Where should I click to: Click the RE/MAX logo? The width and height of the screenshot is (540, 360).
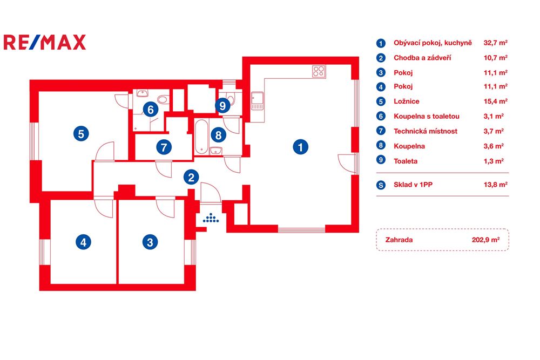click(x=45, y=42)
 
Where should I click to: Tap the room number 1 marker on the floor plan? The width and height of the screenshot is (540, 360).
click(x=300, y=147)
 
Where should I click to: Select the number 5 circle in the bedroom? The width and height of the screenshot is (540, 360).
click(x=81, y=133)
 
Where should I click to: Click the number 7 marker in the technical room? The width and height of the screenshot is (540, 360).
click(x=164, y=147)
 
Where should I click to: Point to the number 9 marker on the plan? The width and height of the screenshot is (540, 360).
click(x=222, y=105)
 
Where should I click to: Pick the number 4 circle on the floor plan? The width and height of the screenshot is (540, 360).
click(x=83, y=242)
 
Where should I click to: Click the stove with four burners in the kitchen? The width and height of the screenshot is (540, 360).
click(x=319, y=71)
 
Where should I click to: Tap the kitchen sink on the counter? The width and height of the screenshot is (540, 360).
click(x=257, y=101)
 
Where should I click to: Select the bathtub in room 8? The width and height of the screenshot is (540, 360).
click(x=201, y=137)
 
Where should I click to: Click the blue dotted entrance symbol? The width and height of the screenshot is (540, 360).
click(x=211, y=218)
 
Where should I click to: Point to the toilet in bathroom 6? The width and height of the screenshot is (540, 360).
click(x=163, y=100)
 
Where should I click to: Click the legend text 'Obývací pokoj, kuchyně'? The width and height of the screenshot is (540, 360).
click(x=433, y=43)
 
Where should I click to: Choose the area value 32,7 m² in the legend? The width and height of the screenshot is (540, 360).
click(x=496, y=43)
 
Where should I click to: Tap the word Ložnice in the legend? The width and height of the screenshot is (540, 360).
click(x=407, y=101)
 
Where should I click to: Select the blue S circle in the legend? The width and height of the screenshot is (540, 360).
click(x=381, y=185)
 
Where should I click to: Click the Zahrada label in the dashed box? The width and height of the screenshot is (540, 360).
click(x=399, y=240)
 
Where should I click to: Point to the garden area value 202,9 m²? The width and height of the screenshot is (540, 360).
click(x=485, y=240)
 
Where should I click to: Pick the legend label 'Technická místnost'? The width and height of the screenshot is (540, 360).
click(x=426, y=131)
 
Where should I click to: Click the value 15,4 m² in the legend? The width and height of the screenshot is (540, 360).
click(x=496, y=101)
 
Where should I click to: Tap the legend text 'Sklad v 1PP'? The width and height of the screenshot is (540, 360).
click(x=413, y=185)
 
